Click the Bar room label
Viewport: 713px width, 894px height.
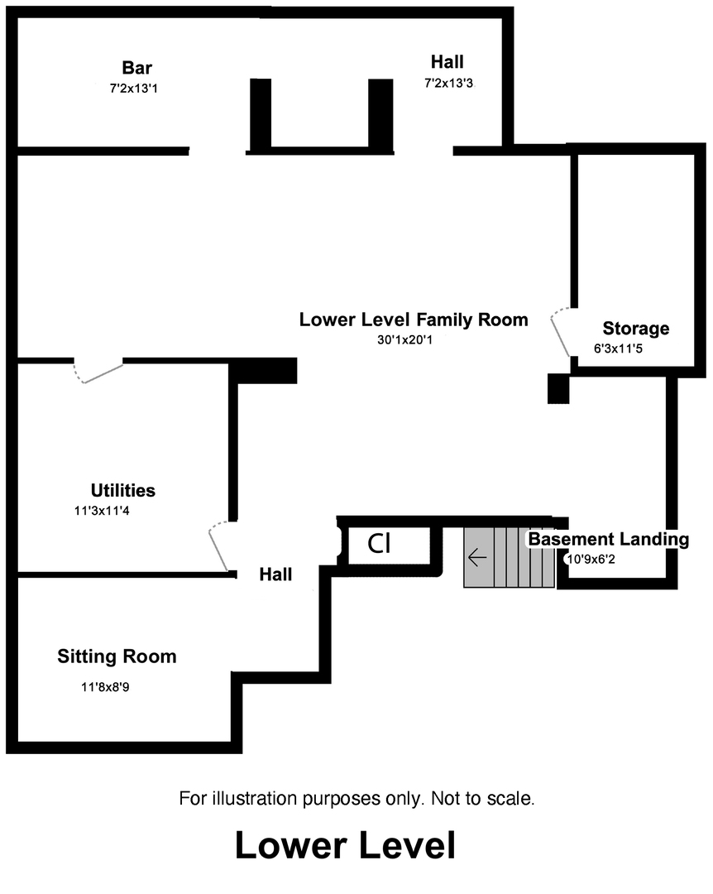pos(137,68)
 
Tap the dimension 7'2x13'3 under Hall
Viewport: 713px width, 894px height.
pos(448,83)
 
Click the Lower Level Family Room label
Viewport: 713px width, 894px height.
pos(414,320)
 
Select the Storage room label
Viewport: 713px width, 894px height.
pos(635,329)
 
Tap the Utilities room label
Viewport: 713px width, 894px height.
pos(123,490)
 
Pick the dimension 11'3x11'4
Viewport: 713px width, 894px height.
pos(103,512)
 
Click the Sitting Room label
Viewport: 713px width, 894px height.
pos(117,656)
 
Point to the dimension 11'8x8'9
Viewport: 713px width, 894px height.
pos(106,686)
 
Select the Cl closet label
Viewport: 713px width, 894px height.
pos(379,544)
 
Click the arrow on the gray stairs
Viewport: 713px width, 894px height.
pos(477,557)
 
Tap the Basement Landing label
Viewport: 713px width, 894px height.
pos(609,540)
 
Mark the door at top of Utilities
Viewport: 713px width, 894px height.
pos(98,372)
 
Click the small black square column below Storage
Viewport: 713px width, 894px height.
pos(558,389)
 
